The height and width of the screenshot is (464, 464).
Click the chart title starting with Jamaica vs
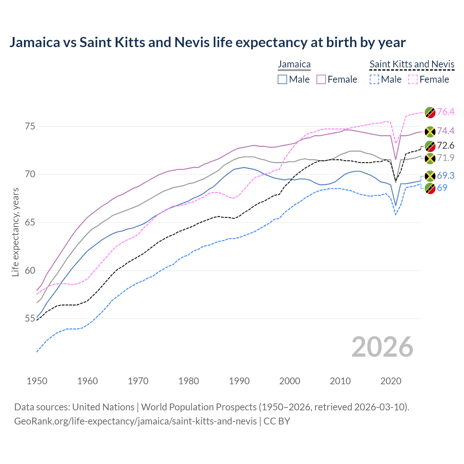click(207, 42)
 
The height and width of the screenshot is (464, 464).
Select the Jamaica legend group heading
click(294, 65)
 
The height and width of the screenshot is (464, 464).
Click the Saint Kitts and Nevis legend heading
click(412, 65)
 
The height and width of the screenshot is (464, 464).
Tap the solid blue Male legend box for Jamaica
click(282, 79)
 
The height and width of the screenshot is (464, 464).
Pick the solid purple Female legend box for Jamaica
click(321, 79)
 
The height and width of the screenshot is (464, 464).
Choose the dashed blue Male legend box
click(374, 79)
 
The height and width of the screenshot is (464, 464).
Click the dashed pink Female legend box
click(413, 79)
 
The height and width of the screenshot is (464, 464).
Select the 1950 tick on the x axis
click(37, 381)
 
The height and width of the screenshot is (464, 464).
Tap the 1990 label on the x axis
click(239, 381)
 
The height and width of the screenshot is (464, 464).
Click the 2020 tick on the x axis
click(391, 381)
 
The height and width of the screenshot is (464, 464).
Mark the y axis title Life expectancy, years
click(15, 232)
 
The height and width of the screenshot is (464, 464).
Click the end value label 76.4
click(446, 112)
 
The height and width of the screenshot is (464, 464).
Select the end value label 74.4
click(446, 131)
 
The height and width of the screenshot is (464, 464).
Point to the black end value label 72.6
click(446, 146)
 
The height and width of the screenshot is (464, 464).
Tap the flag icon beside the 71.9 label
click(430, 158)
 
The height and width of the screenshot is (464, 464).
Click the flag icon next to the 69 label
click(430, 188)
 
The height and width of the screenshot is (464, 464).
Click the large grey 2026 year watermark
click(382, 347)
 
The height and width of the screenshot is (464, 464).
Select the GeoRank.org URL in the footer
click(135, 421)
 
